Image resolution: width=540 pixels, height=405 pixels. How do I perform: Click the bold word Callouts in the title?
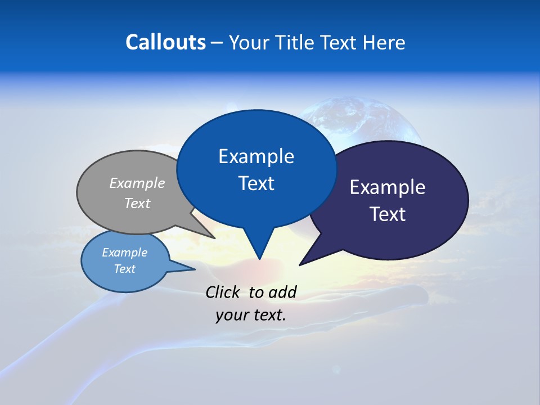click(165, 42)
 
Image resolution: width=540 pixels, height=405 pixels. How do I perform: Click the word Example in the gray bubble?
click(137, 183)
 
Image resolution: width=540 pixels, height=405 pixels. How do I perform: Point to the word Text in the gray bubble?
click(137, 203)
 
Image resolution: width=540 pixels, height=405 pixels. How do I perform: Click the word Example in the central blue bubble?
click(256, 156)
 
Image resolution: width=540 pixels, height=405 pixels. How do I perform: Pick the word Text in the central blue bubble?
click(256, 183)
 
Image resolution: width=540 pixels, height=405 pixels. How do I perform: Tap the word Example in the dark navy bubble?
click(388, 187)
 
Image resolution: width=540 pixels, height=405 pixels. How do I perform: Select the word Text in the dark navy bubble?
click(388, 214)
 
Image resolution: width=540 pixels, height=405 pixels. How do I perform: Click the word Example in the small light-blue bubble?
click(125, 253)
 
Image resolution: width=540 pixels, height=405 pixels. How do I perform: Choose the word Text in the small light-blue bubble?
click(125, 269)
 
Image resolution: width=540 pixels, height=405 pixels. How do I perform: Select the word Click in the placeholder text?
click(224, 292)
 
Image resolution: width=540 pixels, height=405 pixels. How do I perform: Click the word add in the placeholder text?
click(282, 292)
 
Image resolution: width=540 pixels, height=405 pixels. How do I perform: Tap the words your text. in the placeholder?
click(251, 314)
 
